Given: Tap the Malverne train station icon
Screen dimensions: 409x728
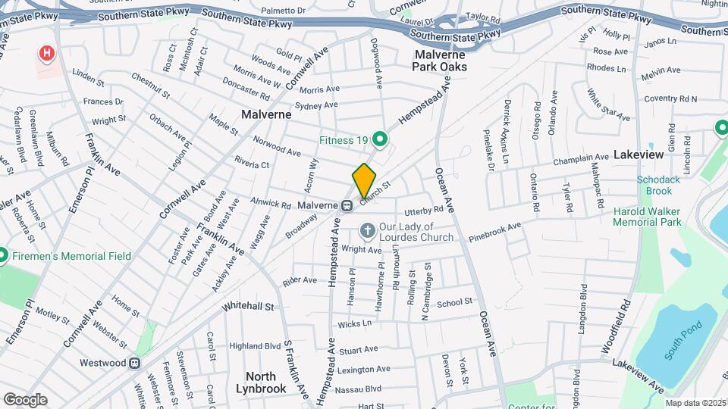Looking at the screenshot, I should [x=347, y=205].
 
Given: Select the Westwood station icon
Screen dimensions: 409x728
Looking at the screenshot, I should [x=134, y=363].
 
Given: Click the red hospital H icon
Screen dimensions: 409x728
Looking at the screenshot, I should [x=48, y=53].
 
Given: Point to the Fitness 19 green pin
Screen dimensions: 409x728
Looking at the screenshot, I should [x=381, y=139].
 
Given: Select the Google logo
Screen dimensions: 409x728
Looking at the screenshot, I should [x=25, y=400].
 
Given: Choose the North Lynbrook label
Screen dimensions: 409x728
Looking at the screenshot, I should [x=266, y=382].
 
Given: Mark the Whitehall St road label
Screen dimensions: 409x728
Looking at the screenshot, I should [x=247, y=306].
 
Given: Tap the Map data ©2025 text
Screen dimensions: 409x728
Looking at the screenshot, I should [x=693, y=403].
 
